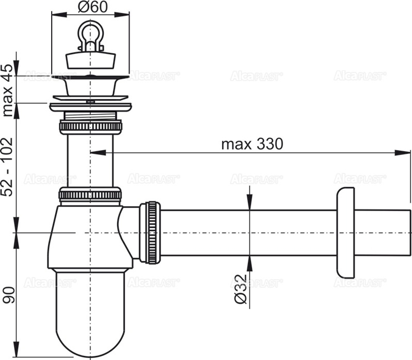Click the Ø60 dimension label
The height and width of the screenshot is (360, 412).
coord(90,7)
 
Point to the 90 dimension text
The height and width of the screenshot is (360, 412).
coord(8,294)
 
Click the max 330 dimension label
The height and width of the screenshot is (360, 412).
coord(252,144)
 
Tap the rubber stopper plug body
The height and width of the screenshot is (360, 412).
coord(90,60)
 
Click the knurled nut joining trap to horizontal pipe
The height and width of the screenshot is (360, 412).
coord(151,233)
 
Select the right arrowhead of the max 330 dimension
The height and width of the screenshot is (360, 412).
coord(406,153)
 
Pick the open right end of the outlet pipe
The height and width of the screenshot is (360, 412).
coord(410,233)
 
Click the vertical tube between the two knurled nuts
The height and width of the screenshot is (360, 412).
coord(90,161)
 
